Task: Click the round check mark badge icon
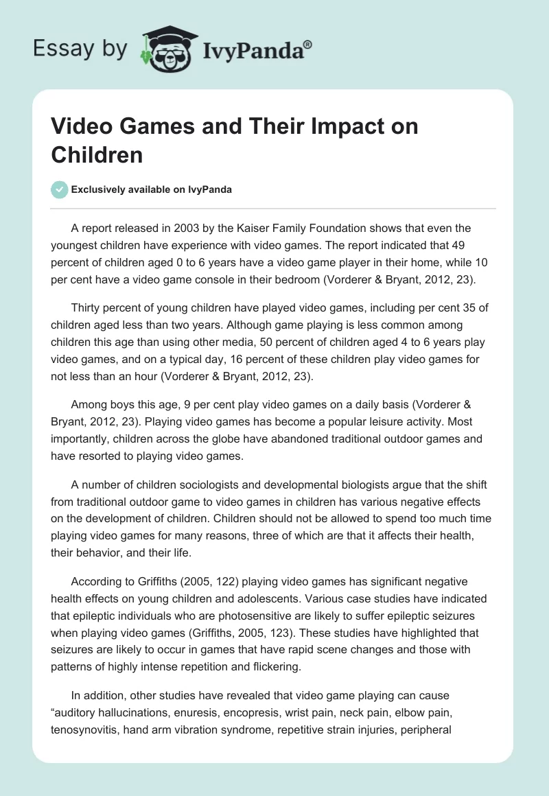[x=60, y=189]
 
